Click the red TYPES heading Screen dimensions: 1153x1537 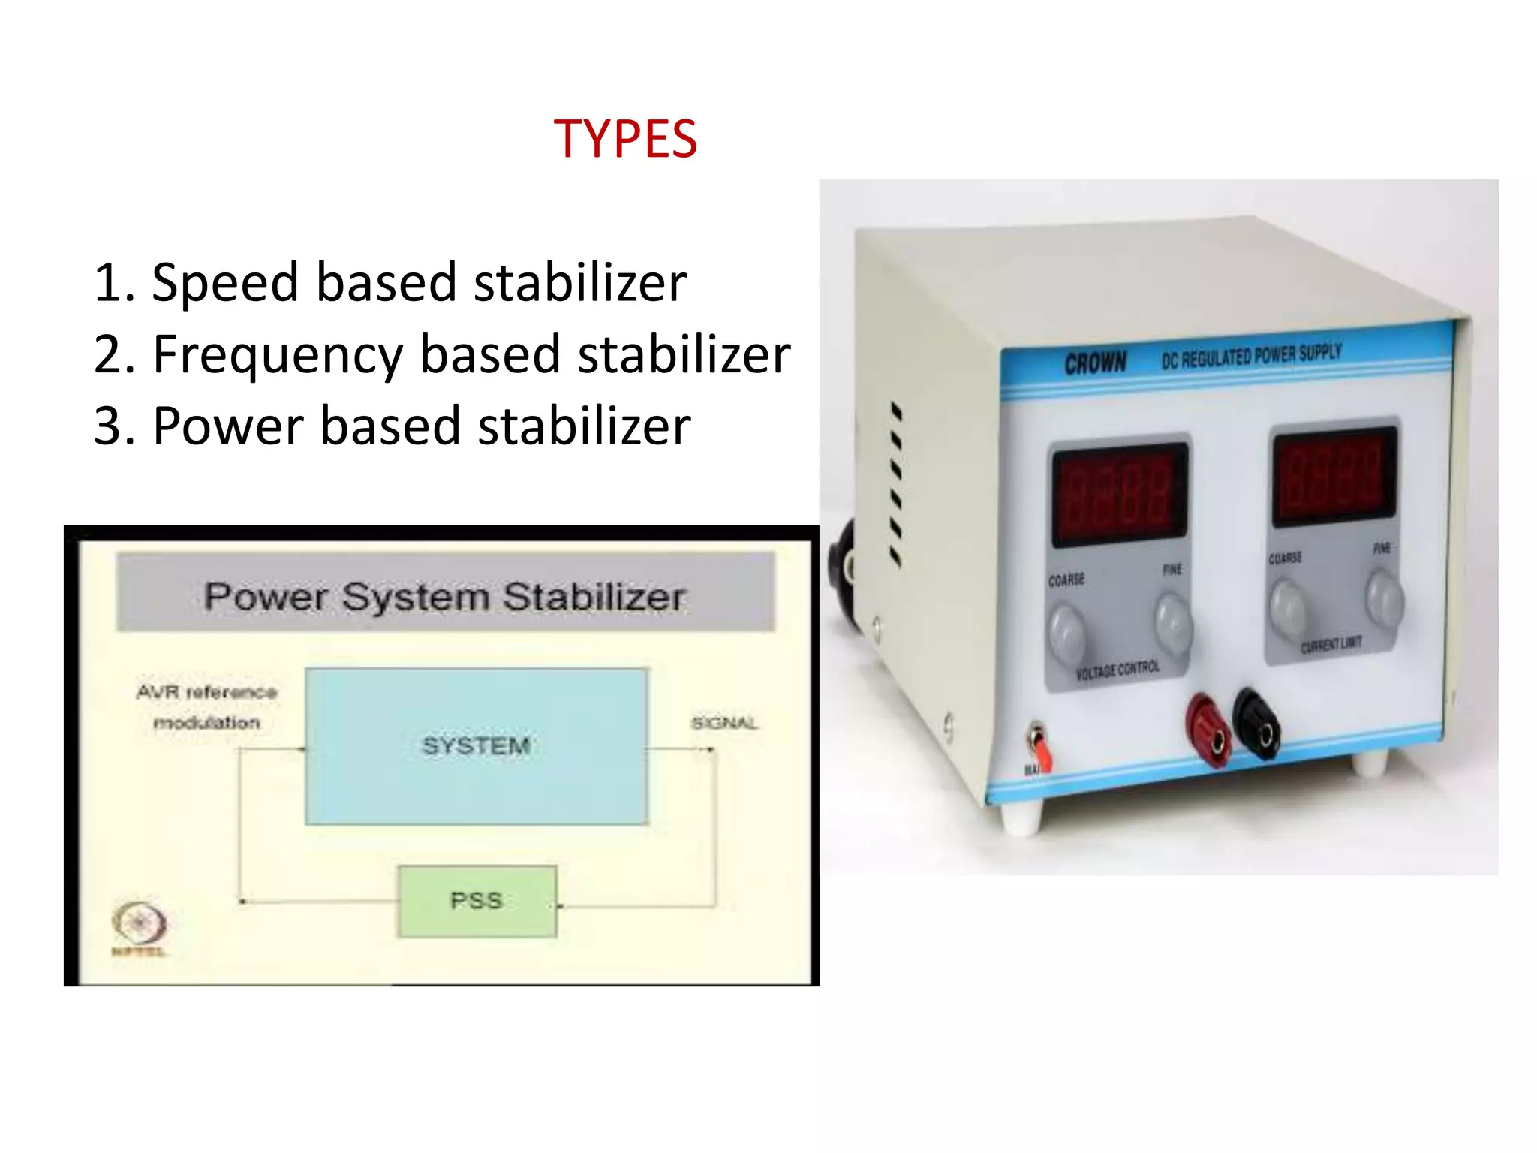(x=625, y=140)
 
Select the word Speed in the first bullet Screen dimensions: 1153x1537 (x=224, y=284)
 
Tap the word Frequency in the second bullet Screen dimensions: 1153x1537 (x=278, y=355)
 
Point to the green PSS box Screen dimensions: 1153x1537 (x=477, y=901)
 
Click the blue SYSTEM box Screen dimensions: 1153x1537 (x=477, y=746)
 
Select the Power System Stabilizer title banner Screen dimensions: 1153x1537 (x=445, y=596)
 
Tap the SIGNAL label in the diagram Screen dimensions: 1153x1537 (x=724, y=723)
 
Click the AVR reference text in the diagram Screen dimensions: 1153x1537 (x=207, y=692)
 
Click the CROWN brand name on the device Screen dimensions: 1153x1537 (x=1096, y=363)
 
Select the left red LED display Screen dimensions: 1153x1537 (x=1119, y=495)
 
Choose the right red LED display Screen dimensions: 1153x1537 (x=1334, y=477)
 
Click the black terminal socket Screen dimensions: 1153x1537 (x=1257, y=724)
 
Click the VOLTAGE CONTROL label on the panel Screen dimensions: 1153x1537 (x=1117, y=670)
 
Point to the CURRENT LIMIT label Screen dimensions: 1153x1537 (x=1331, y=644)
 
